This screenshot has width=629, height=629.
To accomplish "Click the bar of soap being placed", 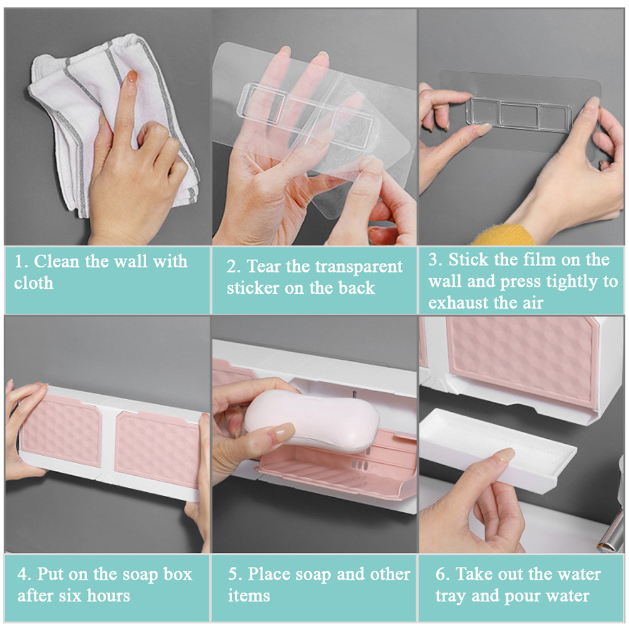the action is click(312, 421).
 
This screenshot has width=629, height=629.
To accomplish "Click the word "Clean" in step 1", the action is click(56, 262).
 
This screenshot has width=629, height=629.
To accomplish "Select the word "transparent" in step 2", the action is click(345, 267).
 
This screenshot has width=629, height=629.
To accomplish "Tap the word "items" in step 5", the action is click(249, 596).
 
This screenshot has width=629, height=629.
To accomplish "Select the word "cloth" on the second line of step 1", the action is click(34, 283).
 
